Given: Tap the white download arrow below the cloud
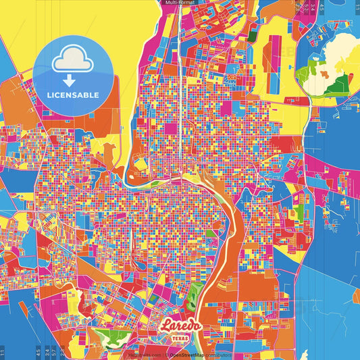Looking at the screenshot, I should (70, 80).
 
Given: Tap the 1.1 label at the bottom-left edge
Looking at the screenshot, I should (2, 351).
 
